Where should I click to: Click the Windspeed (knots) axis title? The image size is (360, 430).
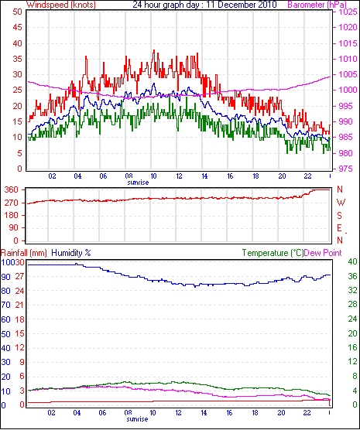coord(61,5)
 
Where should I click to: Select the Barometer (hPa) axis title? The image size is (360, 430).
coord(317,5)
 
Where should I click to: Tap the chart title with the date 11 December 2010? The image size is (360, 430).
coord(204,5)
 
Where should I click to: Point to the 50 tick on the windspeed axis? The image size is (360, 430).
coord(17,12)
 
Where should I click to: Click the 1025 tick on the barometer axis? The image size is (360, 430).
coord(348,12)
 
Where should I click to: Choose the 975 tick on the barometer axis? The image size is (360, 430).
coord(345,169)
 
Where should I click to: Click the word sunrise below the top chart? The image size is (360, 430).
coord(138,183)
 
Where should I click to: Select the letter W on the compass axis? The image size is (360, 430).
coord(341,203)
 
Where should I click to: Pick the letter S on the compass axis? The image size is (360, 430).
coord(340,216)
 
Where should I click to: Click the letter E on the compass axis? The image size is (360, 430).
coord(339,228)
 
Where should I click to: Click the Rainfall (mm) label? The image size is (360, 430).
coord(24,253)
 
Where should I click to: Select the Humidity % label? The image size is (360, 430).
coord(71,253)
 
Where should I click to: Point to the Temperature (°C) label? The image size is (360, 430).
coord(273,253)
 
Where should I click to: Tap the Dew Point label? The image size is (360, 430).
coord(323,253)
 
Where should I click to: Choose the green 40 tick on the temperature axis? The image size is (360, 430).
coord(352,261)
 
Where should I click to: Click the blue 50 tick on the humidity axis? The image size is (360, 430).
coord(5,334)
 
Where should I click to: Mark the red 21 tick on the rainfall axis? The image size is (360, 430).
coord(20,305)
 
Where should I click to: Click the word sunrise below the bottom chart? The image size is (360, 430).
coord(137,419)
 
